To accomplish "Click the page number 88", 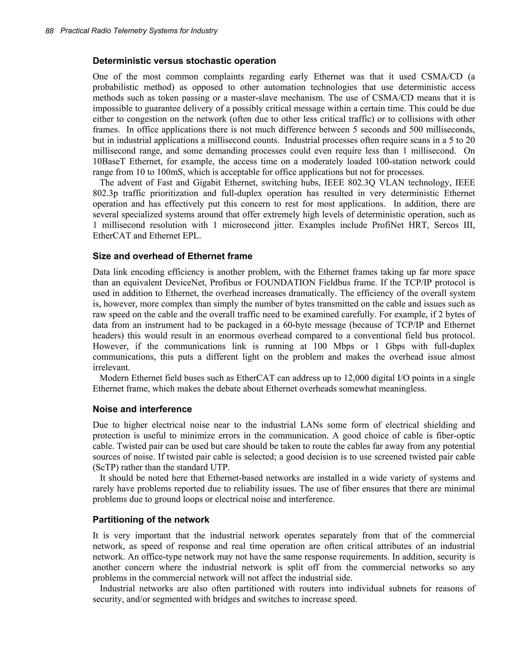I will coord(50,31).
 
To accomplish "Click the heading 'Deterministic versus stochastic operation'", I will coord(184,61).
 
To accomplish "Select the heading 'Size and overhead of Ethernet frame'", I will coord(172,256).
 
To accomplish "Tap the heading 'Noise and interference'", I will coord(142,409).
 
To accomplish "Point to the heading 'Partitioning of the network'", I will coord(151,520).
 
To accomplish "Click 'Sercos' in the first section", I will coord(446,225).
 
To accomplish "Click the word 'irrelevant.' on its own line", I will coord(111,367).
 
